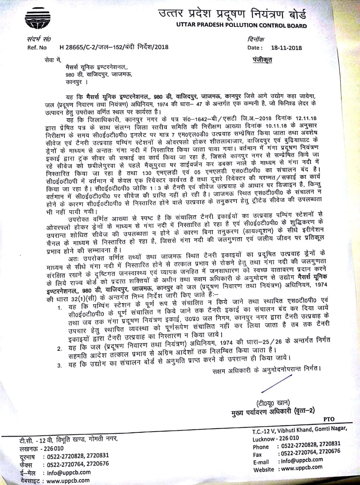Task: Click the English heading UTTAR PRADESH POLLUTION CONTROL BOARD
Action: click(241, 26)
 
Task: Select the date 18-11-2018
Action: click(286, 48)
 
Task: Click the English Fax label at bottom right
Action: click(258, 454)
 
